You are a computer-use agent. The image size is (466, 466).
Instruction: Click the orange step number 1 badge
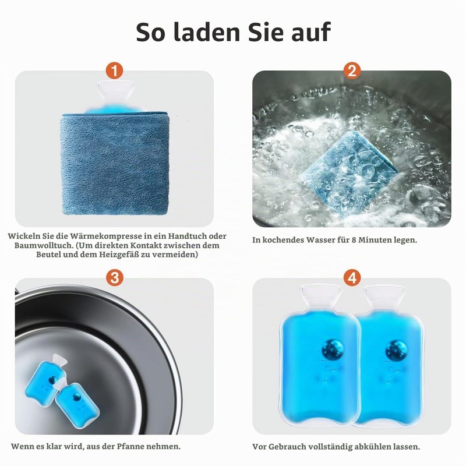(x=114, y=70)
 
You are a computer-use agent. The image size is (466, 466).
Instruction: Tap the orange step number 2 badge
(x=352, y=70)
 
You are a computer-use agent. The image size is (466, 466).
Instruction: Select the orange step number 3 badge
(x=114, y=278)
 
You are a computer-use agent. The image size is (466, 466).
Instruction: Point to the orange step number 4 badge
(x=352, y=278)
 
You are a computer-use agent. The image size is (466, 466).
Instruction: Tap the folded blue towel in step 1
(x=115, y=163)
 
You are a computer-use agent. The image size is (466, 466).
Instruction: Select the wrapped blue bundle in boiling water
(x=349, y=170)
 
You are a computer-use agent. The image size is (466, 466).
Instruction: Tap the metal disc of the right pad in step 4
(x=397, y=351)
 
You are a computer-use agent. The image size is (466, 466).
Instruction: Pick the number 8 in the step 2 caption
(x=354, y=240)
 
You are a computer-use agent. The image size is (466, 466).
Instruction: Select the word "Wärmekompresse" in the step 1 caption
(x=106, y=236)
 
